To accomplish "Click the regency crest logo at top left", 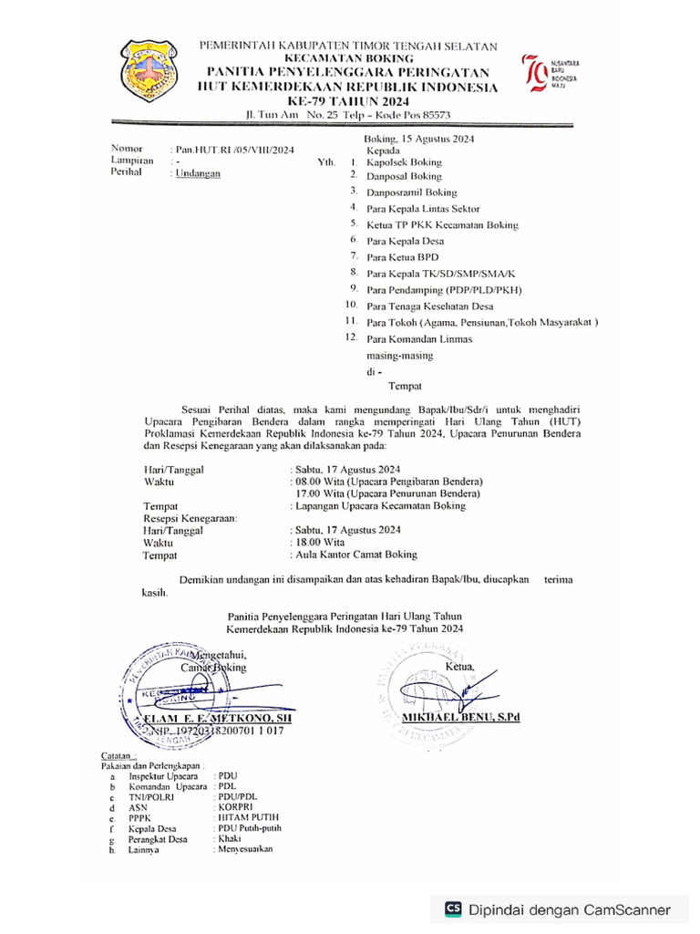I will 153,71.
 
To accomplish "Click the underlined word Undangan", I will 198,172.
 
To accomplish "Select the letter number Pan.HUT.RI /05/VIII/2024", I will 232,149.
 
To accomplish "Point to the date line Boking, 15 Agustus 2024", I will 413,139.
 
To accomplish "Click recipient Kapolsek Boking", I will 404,161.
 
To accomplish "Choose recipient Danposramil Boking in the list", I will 412,192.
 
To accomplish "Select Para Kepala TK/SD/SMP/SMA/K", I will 441,274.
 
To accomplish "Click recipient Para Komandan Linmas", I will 419,338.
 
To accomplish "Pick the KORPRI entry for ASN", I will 233,807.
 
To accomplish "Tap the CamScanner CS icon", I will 453,908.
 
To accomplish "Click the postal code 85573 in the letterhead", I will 431,115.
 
